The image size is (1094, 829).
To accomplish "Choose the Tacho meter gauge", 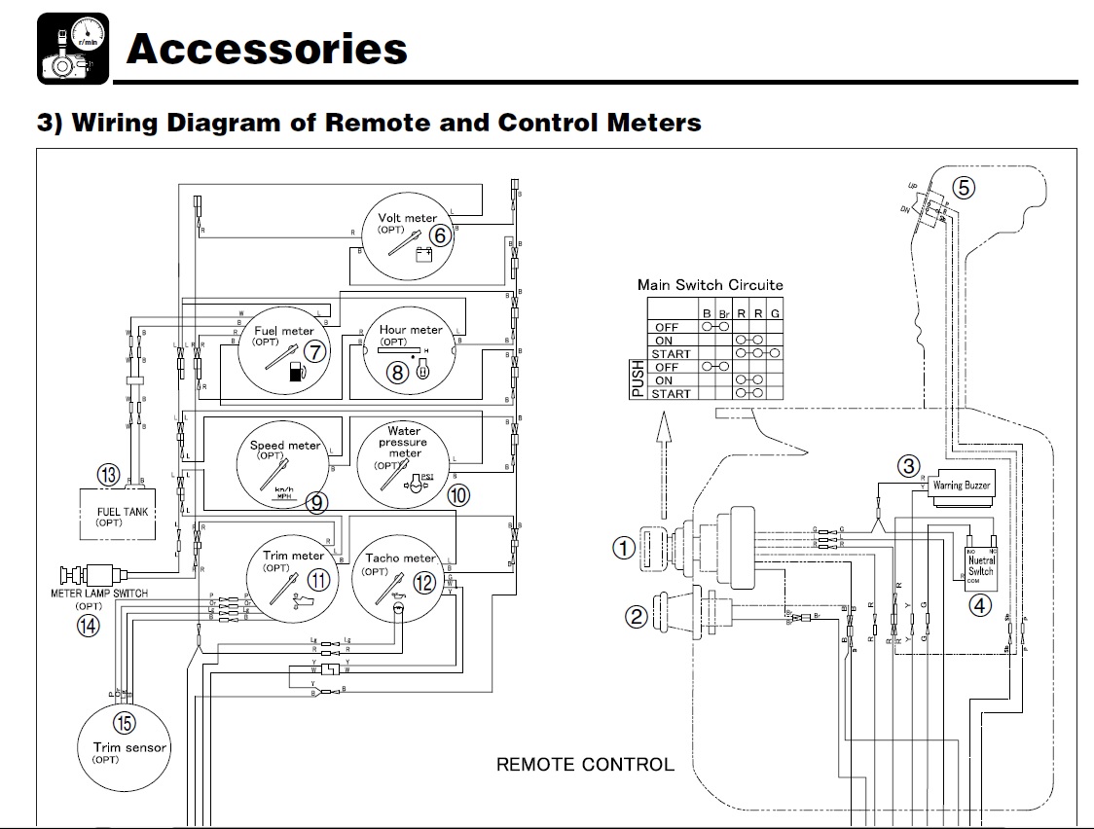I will (x=403, y=576).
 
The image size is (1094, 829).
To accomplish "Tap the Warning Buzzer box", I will (x=962, y=485).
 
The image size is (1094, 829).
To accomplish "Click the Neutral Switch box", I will (x=980, y=566).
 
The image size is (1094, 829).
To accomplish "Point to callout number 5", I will (x=962, y=188).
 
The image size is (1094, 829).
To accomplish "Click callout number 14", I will (x=88, y=626).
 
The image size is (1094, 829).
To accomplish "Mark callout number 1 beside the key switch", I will (x=623, y=548).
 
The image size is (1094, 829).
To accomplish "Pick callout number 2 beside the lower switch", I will (x=636, y=615).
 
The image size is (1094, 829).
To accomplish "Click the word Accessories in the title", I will (x=266, y=49).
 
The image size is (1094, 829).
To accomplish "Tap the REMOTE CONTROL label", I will (x=584, y=764).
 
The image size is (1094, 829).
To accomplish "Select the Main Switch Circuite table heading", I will (x=710, y=284).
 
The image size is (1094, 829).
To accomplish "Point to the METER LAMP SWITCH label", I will (x=99, y=593).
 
